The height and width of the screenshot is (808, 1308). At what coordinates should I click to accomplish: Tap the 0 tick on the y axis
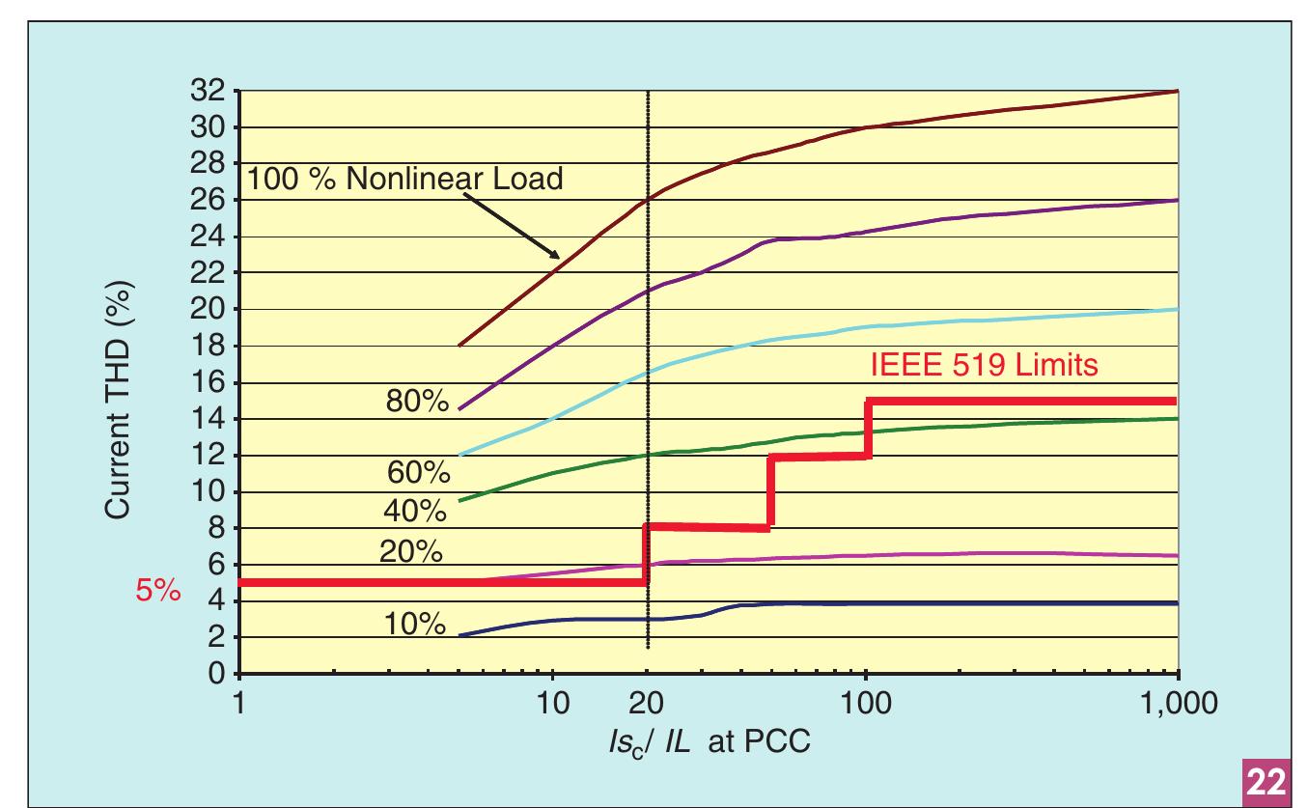click(222, 675)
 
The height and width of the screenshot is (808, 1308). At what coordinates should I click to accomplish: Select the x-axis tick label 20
click(648, 702)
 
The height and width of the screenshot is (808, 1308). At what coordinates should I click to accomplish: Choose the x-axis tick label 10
click(552, 702)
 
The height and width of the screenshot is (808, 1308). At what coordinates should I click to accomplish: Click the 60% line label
click(418, 474)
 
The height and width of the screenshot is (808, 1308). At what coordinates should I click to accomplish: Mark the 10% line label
click(415, 625)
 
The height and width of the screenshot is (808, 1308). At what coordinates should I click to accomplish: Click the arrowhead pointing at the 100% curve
click(554, 256)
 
